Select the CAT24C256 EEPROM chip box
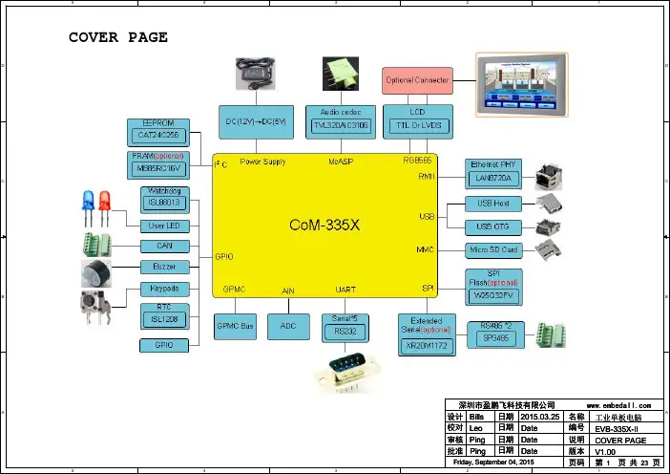point(158,136)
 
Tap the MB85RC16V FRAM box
point(158,168)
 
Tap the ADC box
point(288,327)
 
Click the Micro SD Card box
point(493,250)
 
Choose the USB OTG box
point(493,226)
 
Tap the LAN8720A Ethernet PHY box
point(492,178)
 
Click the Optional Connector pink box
point(417,80)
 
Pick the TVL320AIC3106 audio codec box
point(340,125)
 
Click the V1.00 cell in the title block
point(605,452)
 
